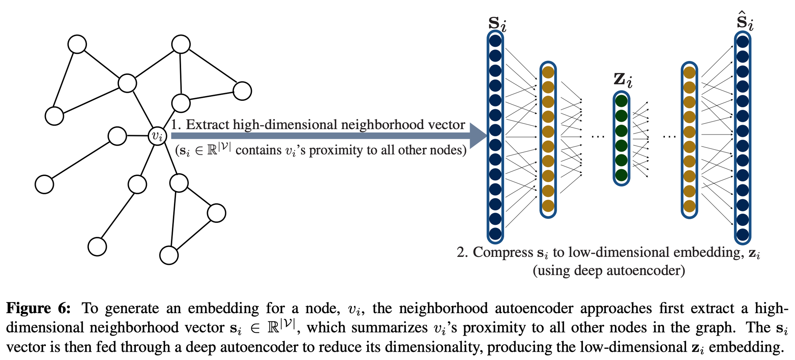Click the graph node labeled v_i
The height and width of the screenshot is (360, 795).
[157, 136]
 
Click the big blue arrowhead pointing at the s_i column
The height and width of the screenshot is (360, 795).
[478, 136]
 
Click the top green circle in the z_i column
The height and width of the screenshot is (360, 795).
[621, 101]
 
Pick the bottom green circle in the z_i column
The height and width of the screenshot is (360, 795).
[621, 175]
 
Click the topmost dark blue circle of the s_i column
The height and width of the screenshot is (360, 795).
[495, 41]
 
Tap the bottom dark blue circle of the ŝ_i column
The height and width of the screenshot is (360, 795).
[743, 234]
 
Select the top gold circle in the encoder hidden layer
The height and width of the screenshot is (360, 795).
[548, 72]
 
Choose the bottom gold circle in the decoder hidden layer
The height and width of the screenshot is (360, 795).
[689, 206]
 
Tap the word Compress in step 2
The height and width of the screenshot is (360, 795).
[503, 252]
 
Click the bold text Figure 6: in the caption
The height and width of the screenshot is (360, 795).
[38, 308]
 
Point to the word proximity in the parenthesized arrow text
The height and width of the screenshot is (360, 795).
[329, 150]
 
